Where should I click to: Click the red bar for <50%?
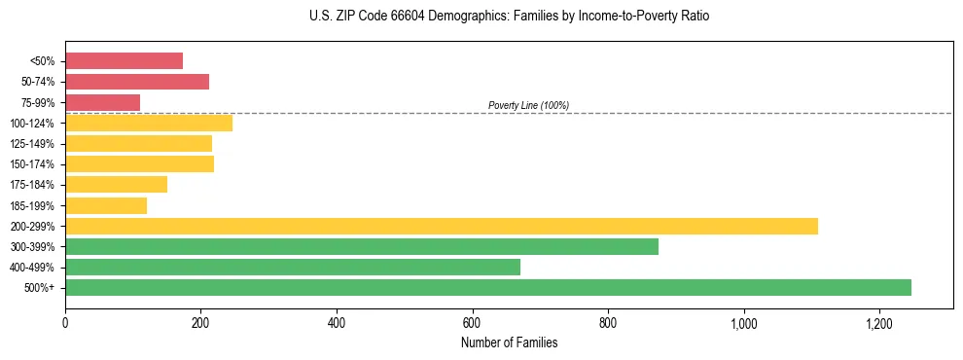tap(124, 61)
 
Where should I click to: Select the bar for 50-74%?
tap(137, 82)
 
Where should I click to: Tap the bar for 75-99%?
tap(102, 102)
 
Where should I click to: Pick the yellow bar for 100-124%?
tap(149, 123)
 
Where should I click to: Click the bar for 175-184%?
tap(116, 185)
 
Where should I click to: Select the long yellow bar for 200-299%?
tap(442, 226)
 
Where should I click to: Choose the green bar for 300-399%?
tap(362, 246)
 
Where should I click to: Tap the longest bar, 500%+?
tap(488, 287)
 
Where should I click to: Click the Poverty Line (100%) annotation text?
tap(528, 105)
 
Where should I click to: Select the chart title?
tap(509, 17)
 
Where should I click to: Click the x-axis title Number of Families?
tap(509, 342)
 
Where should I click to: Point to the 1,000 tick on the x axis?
tap(743, 323)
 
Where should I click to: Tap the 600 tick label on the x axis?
tap(472, 323)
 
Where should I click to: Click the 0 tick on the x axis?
tap(65, 323)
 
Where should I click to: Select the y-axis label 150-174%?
tap(31, 164)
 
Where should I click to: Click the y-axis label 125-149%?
tap(31, 144)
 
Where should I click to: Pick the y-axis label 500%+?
tap(40, 288)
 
